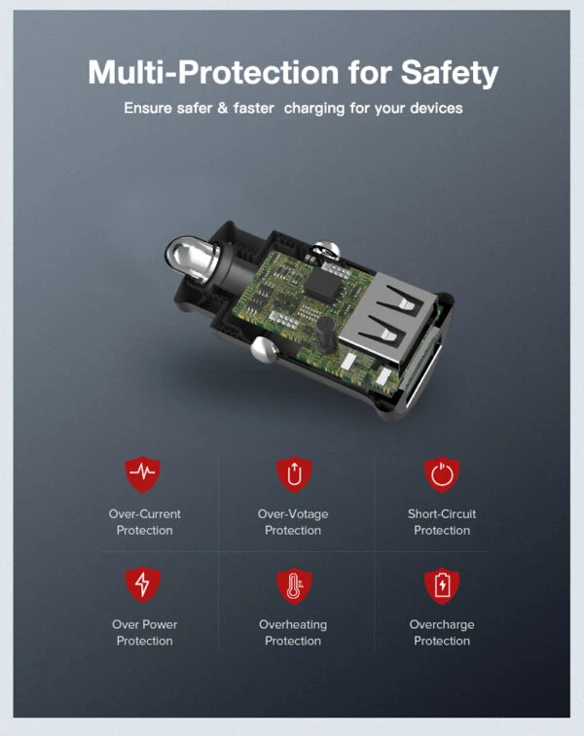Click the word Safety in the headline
click(449, 73)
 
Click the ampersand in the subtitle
click(223, 108)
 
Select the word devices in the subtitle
click(436, 108)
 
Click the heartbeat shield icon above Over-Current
click(143, 473)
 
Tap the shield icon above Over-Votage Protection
click(294, 473)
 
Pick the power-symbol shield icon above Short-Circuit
click(442, 474)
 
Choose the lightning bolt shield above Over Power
click(143, 584)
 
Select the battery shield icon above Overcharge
click(442, 585)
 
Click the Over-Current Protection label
click(145, 522)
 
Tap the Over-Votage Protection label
click(293, 522)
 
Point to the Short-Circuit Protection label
click(442, 522)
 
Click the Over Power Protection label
click(145, 632)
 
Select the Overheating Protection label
click(293, 632)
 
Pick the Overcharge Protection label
click(442, 632)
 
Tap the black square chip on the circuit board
click(323, 284)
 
